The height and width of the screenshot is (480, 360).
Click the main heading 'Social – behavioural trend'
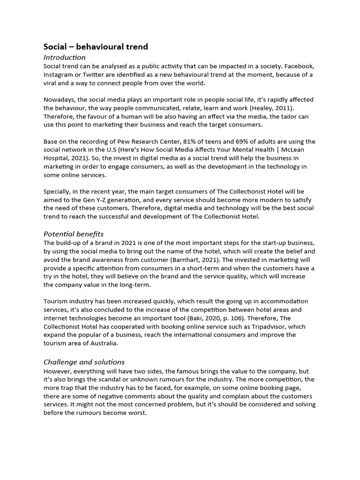click(x=96, y=46)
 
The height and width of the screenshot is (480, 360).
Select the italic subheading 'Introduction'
click(x=65, y=57)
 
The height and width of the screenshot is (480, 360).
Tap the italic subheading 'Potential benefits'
click(x=74, y=233)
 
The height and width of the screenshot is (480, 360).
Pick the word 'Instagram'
click(x=60, y=75)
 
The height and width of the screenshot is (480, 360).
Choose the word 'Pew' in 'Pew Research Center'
click(x=126, y=142)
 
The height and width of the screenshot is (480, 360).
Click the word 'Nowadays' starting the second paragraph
click(x=60, y=100)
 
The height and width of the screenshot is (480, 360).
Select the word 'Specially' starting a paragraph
click(x=58, y=192)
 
